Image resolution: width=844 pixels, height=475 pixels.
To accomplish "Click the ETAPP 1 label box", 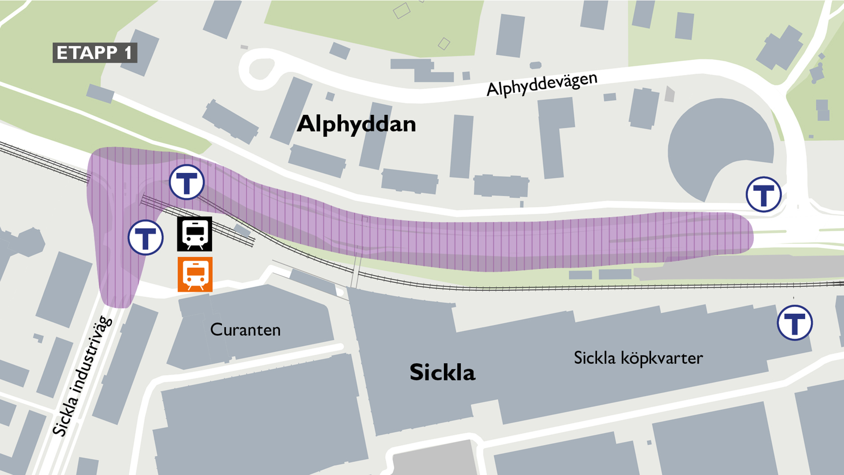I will click(95, 53).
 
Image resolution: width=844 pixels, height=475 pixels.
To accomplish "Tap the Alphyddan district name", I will click(356, 124).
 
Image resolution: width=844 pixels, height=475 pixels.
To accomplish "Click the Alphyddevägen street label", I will click(542, 84).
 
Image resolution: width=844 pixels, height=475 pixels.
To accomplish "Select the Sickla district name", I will click(442, 372).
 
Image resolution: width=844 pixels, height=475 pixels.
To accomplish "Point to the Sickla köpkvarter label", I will click(638, 358).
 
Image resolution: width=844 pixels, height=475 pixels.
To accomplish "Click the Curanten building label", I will click(245, 330).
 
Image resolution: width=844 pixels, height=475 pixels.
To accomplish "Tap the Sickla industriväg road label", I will click(83, 376).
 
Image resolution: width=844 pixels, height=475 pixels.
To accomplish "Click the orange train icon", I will click(195, 274).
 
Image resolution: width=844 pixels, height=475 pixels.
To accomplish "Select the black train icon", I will click(195, 234).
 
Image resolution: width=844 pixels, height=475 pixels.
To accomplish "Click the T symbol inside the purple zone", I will click(187, 182).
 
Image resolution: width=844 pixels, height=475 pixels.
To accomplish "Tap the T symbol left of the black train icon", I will click(146, 237).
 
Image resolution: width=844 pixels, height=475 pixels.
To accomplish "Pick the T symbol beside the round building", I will click(764, 194).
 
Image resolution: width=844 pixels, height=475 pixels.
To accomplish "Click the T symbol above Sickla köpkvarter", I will click(795, 323).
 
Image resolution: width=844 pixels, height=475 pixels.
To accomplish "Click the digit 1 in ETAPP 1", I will click(128, 53).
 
